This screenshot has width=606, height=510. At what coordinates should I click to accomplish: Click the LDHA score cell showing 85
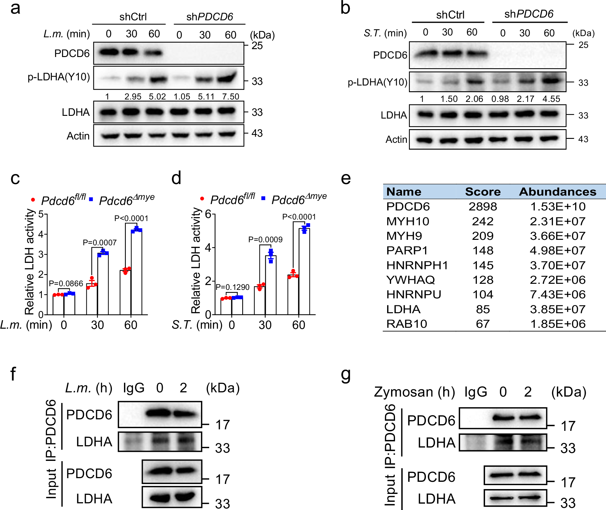point(483,309)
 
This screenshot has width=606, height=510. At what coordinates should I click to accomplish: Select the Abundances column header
point(557,192)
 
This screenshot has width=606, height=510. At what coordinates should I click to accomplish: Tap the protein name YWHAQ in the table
point(410,280)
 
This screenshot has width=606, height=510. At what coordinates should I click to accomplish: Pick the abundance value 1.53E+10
point(557,207)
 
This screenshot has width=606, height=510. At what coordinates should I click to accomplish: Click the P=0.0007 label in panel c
point(99,243)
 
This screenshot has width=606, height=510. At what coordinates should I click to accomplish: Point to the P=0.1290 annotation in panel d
point(233,287)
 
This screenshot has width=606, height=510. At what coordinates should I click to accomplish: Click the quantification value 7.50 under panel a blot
point(230,97)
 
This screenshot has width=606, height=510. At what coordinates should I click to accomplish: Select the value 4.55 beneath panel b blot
point(551,99)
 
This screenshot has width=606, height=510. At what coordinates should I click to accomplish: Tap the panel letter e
point(346,178)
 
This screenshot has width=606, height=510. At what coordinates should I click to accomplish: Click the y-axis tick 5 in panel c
point(41,214)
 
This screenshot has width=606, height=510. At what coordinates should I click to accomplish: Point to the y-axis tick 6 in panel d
point(208,214)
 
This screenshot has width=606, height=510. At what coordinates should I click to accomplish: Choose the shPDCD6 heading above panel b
point(529,14)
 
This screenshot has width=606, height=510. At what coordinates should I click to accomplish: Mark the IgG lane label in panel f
point(134,388)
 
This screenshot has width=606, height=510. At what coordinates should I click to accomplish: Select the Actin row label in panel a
point(78,136)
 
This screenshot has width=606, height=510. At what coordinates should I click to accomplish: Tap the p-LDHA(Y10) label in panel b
point(377,82)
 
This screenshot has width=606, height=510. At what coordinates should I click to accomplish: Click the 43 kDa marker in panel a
point(257,133)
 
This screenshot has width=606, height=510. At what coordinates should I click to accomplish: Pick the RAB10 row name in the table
point(407,324)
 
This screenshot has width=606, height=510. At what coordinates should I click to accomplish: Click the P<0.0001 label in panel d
point(299,217)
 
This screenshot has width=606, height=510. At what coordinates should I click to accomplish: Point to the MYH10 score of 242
point(483,221)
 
